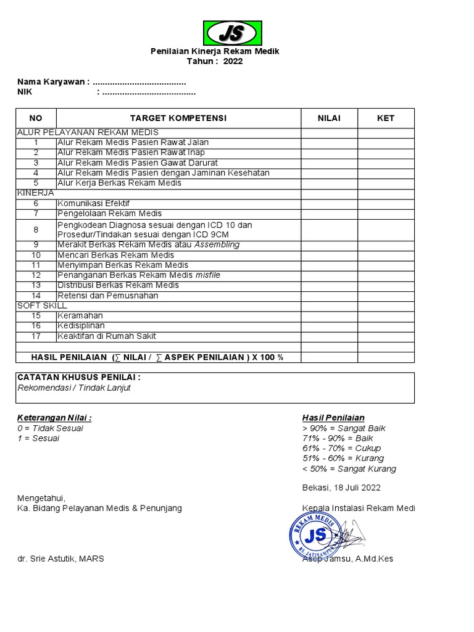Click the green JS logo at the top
[x=233, y=33]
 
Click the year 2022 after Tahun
[x=233, y=62]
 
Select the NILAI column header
[x=329, y=118]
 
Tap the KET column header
[x=386, y=118]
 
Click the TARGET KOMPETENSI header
[x=178, y=118]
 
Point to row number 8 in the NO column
[x=36, y=230]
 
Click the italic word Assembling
[x=217, y=244]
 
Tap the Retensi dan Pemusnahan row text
[x=107, y=295]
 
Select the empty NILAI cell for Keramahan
[x=329, y=315]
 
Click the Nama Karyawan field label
[x=53, y=82]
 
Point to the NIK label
[x=25, y=93]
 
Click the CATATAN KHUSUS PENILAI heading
[x=79, y=377]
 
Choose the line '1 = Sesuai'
[x=38, y=438]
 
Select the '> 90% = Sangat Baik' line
[x=344, y=428]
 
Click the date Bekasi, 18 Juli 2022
[x=341, y=488]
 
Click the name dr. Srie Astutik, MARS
[x=60, y=559]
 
